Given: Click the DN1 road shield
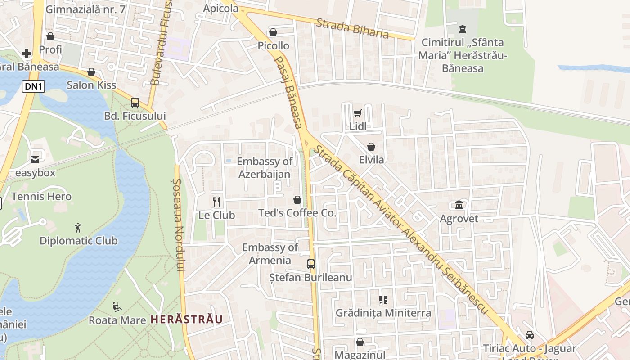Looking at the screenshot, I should tap(34, 86).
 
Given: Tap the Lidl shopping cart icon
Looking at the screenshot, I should tap(358, 113).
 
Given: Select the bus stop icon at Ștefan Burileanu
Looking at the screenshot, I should tap(311, 264).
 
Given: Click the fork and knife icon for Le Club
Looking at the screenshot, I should tap(216, 202).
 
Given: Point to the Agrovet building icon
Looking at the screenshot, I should tap(459, 205).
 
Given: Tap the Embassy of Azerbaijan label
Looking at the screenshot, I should tap(265, 168).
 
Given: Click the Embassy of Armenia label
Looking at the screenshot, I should tap(270, 254).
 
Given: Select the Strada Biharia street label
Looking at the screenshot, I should tap(352, 28).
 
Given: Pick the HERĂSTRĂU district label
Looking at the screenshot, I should tap(186, 319).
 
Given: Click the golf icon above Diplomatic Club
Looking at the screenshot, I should tap(78, 227).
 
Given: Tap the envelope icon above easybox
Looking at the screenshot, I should tap(35, 159).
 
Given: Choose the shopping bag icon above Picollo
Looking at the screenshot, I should tap(273, 32).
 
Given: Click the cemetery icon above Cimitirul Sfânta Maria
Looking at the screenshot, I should tap(462, 29).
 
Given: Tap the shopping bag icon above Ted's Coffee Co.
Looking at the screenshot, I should tap(297, 199).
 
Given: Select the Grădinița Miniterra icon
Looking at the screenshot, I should tap(383, 299).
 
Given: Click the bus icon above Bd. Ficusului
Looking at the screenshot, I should tap(135, 102).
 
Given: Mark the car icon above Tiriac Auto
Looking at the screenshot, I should tap(530, 335).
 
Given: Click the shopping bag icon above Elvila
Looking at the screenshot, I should tap(371, 147).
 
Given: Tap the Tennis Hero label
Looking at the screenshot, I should tap(41, 197).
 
